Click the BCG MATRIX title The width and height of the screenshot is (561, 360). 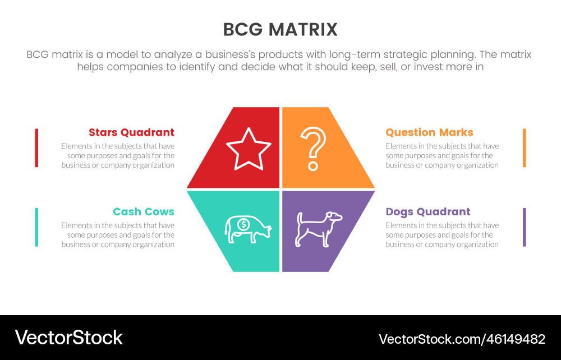(280, 29)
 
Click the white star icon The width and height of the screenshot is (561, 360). (249, 149)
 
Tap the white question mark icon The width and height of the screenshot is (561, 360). (312, 148)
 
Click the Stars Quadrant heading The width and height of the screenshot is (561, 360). (131, 132)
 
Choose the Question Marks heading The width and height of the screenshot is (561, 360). (429, 132)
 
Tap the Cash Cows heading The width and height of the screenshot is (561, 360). (143, 211)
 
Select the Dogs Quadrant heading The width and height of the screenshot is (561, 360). (427, 211)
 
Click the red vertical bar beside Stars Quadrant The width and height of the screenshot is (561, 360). (36, 147)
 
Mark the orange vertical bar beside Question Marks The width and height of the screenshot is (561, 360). (525, 147)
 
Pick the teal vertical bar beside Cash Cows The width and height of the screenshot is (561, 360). (36, 227)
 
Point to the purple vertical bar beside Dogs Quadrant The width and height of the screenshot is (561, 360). (525, 227)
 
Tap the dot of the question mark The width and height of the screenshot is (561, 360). (313, 167)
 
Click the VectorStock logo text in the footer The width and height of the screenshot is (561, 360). (68, 338)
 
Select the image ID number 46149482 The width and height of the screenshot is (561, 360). (512, 339)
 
